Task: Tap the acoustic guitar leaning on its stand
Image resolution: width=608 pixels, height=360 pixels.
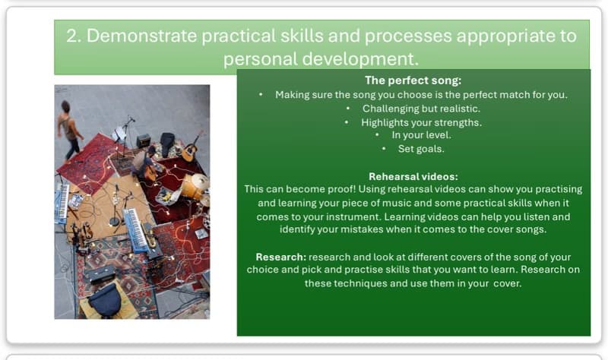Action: (190, 147)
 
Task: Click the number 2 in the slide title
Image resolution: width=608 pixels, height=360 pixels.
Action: (73, 36)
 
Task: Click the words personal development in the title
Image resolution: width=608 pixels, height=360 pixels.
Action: (319, 59)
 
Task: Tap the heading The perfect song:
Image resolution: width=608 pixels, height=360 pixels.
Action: (413, 81)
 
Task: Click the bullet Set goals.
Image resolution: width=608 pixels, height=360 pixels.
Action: (420, 149)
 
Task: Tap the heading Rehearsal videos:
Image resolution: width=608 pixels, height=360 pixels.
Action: (413, 176)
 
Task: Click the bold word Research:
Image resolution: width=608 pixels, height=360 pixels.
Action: (280, 257)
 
